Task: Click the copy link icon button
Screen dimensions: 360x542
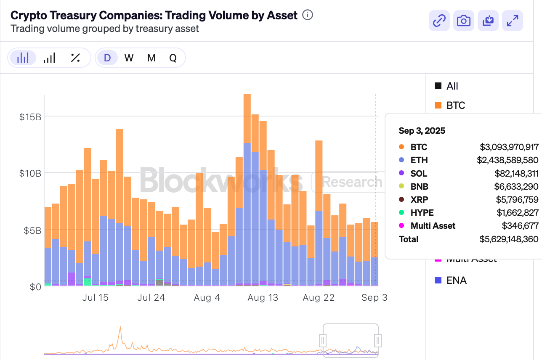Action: coord(439,20)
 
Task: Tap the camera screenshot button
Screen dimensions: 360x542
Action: coord(464,20)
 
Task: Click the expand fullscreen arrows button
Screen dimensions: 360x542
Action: coord(513,20)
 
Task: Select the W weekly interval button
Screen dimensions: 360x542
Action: coord(129,58)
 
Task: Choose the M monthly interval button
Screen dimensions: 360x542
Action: coord(151,58)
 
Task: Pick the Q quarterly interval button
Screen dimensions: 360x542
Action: coord(173,58)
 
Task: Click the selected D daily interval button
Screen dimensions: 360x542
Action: coord(107,58)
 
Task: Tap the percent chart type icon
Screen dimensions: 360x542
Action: coord(75,58)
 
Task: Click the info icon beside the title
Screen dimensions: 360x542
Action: coord(308,16)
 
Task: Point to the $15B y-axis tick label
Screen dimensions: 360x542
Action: coord(30,117)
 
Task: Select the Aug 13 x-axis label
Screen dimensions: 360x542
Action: coord(263,298)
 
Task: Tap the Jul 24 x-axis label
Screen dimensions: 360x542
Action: coord(151,298)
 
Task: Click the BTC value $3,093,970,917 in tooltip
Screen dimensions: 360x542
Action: coord(509,147)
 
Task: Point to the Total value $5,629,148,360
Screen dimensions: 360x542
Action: coord(509,239)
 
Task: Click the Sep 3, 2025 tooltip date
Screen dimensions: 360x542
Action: coord(422,131)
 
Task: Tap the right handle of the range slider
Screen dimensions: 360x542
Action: coord(378,340)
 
